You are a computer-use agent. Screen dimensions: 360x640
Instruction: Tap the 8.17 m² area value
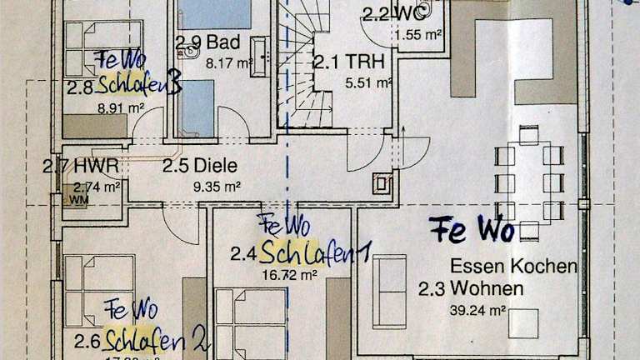coord(234,62)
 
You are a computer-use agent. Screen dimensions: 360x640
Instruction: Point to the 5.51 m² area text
coord(368,82)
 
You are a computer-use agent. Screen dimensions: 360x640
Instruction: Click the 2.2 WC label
coord(388,12)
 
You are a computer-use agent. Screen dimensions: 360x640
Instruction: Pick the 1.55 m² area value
coord(417,35)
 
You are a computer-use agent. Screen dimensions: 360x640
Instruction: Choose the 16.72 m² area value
coord(286,273)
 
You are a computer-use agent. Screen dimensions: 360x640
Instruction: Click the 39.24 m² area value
coord(486,310)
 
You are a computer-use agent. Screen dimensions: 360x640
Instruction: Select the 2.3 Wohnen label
coord(471,289)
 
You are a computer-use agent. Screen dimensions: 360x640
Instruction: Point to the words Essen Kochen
coord(513,267)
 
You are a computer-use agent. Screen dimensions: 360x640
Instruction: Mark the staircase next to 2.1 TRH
coord(303,75)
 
